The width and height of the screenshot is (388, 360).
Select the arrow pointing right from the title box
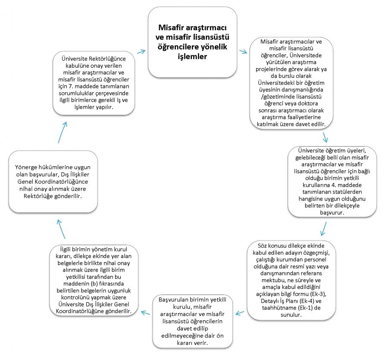pyautogui.click(x=243, y=52)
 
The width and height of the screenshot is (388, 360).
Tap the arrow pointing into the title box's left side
pyautogui.click(x=141, y=51)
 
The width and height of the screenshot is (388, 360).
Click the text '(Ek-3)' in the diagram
pyautogui.click(x=318, y=294)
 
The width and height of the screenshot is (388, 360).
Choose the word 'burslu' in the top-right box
pyautogui.click(x=286, y=76)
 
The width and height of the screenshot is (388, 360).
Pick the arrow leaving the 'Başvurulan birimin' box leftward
pyautogui.click(x=146, y=313)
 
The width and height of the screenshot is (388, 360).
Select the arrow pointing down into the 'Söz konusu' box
pyautogui.click(x=324, y=229)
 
